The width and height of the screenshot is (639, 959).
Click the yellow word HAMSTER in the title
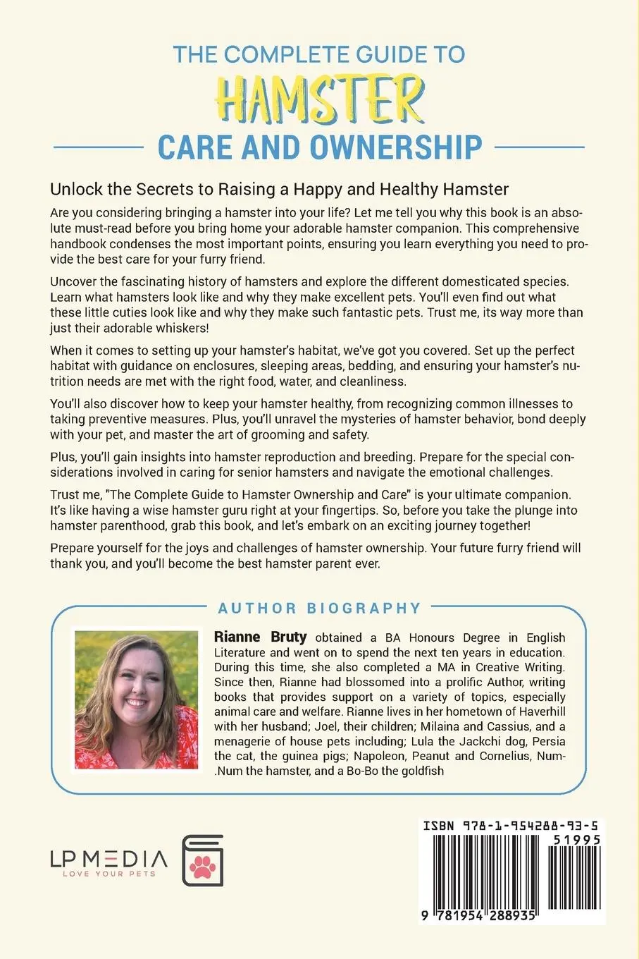point(321,102)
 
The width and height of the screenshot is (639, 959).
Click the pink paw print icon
point(204,864)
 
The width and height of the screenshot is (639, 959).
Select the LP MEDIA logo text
point(108,858)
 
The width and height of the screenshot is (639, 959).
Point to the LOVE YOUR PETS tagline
point(108,874)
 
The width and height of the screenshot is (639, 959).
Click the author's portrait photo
point(136,700)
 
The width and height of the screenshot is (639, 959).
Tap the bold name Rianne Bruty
point(260,637)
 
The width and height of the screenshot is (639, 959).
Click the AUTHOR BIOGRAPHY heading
point(319,608)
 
